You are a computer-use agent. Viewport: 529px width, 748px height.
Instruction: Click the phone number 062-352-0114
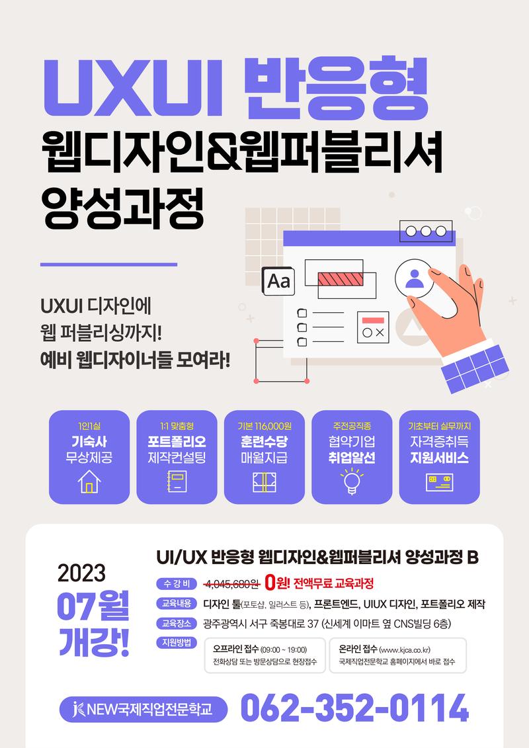coord(354,708)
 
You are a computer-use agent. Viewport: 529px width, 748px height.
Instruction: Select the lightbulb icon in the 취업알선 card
coord(352,481)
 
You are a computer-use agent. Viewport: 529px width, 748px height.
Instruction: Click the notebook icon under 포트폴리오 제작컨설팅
coord(177,481)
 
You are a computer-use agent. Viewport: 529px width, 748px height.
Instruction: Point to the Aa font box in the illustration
coord(278,282)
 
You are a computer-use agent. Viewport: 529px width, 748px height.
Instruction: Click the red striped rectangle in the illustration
coord(341,279)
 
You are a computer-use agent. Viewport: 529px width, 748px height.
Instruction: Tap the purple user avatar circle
coord(414,278)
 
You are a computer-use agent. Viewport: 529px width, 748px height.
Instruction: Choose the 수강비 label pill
coord(177,583)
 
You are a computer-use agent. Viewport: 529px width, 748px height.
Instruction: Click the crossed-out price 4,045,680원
coord(232,583)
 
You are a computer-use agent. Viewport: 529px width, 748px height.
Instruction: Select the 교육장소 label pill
coord(177,623)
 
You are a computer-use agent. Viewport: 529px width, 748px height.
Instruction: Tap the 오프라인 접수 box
coord(264,655)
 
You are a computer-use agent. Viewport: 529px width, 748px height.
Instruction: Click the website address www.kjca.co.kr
coord(405,649)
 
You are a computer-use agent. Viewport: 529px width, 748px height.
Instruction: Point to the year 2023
coord(81,573)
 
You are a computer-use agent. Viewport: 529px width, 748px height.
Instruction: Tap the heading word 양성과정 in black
coord(122,208)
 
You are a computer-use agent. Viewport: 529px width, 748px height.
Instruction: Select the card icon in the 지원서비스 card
coord(439,482)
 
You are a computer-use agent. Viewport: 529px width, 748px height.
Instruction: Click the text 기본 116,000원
coord(264,426)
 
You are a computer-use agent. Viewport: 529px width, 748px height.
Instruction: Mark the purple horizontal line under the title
coord(108,265)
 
